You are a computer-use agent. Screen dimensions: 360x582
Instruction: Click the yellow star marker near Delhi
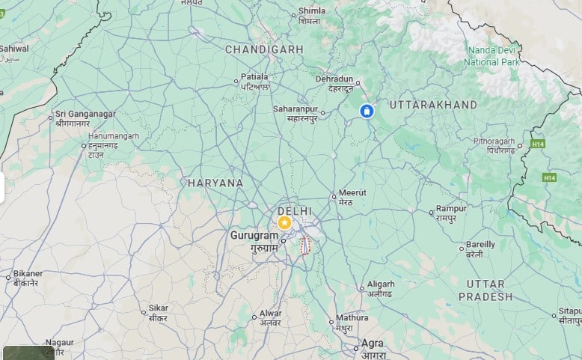point(284,223)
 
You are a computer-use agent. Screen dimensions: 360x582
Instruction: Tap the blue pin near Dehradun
point(367,112)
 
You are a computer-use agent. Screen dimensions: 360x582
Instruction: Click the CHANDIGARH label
point(265,49)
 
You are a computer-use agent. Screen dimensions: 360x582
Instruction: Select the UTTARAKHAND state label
point(433,105)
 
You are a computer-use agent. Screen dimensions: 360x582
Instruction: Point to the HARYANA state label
point(215,183)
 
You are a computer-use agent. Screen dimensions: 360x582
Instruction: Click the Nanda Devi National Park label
point(493,56)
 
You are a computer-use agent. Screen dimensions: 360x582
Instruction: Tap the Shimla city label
point(312,11)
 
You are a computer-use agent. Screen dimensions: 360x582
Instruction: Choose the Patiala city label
point(254,77)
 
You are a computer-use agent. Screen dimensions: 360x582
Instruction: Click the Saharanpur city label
point(295,109)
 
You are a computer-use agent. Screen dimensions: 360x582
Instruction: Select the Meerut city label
point(352,193)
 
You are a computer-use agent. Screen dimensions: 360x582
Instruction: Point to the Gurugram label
point(254,236)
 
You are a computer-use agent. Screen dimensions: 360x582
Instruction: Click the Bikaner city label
point(28,274)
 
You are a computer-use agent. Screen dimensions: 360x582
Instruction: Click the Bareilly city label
point(480,245)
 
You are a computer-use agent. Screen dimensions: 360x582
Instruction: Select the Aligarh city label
point(381,284)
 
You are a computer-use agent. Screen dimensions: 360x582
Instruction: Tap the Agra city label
point(373,344)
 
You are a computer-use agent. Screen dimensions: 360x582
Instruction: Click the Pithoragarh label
point(494,141)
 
